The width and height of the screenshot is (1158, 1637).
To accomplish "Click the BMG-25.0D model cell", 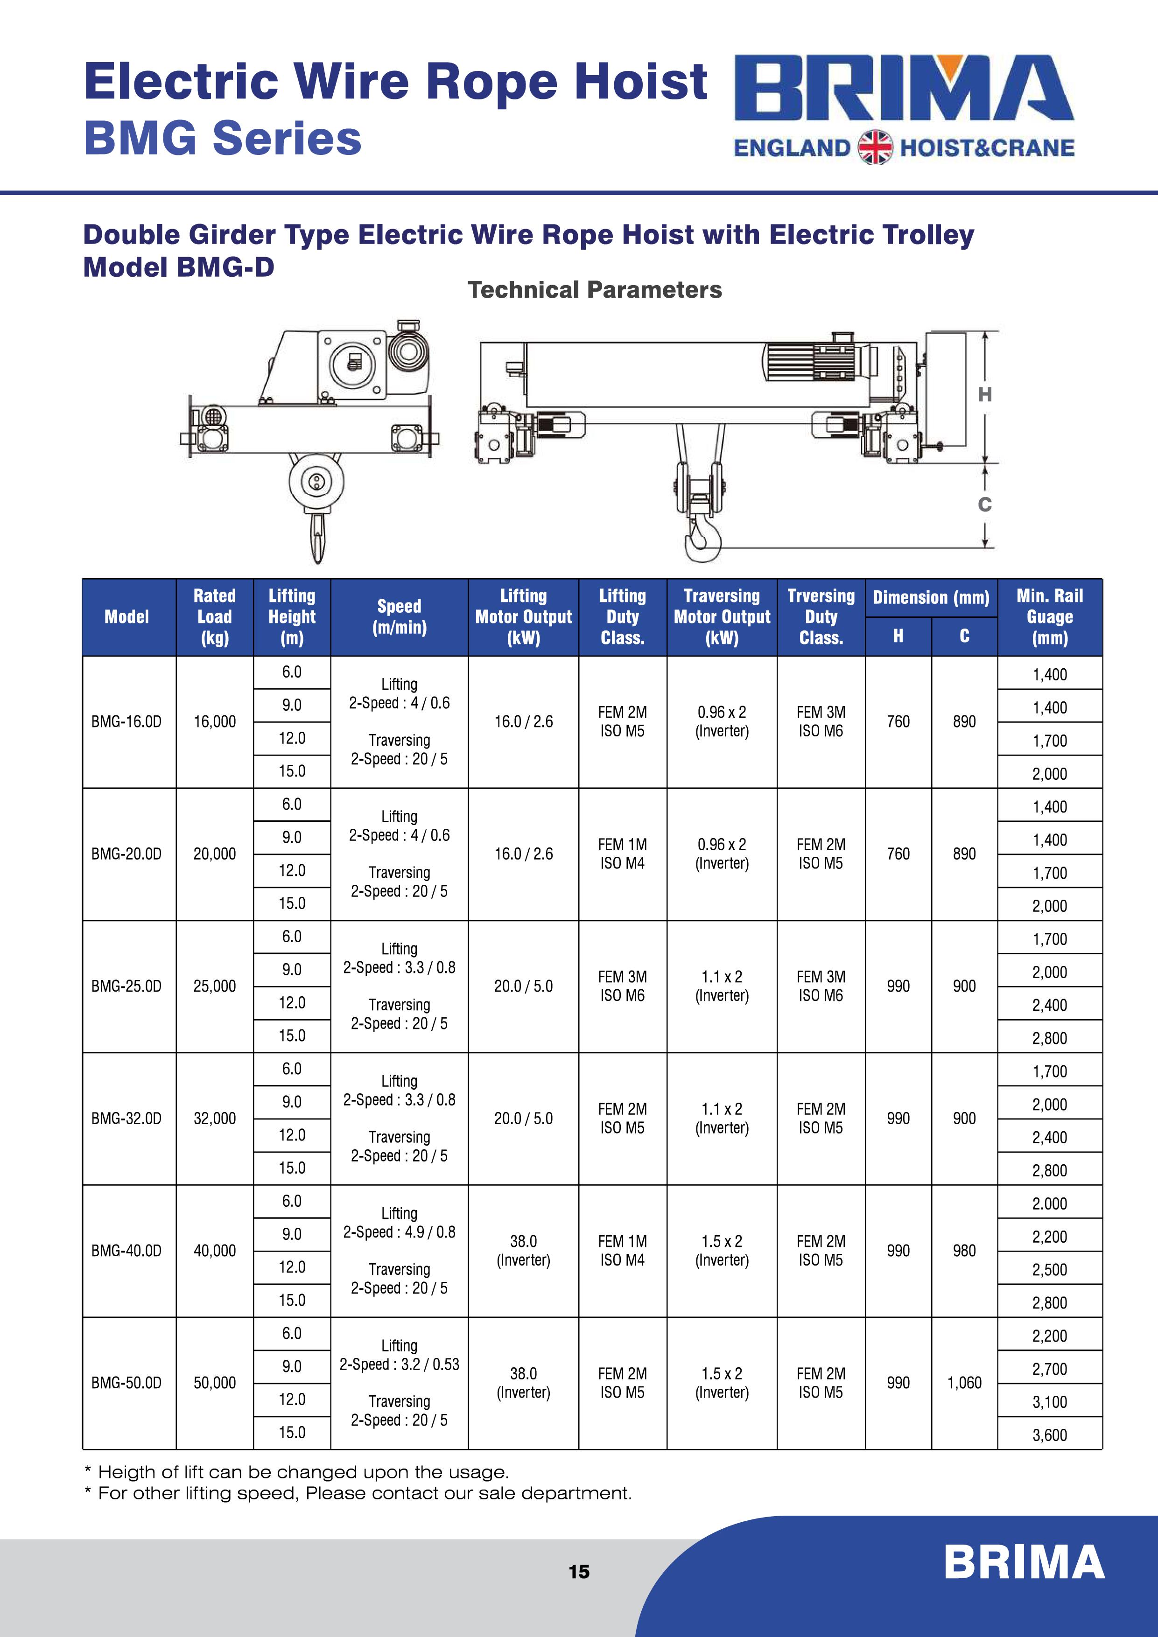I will pos(126,986).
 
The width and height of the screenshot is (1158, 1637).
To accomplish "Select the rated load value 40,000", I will pos(215,1251).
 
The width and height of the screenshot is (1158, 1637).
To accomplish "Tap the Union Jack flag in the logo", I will pos(875,147).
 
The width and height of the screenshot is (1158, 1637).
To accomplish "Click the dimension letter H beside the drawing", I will pos(985,395).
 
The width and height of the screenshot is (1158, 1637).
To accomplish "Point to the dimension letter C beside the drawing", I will pos(985,505).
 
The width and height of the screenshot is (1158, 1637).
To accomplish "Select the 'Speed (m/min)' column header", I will pos(400,617).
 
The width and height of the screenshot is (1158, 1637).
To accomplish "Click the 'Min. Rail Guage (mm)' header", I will pos(1050,617).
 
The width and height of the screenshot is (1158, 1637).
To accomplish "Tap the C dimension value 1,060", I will pos(964,1383).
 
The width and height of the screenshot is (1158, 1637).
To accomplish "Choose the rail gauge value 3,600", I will pos(1050,1434).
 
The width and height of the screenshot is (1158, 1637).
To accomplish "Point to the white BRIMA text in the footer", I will pos(1024,1563).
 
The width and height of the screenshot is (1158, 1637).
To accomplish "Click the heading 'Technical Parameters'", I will pos(595,290).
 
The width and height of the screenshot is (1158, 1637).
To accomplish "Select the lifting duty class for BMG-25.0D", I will pos(623,986).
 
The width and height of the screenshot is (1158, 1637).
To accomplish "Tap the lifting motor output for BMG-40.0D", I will pos(523,1251).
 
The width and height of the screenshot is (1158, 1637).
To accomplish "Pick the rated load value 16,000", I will pos(215,721).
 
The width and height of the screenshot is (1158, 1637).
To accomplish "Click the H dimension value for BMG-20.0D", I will pos(898,853).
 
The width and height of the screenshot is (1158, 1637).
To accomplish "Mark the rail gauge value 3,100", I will pos(1050,1402).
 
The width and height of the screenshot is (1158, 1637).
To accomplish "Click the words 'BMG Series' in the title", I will pos(223,138).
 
